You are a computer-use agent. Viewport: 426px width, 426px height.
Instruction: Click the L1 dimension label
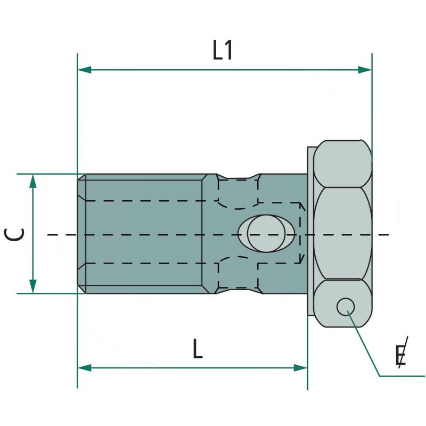click(x=223, y=51)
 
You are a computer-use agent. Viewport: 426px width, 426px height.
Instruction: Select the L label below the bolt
click(x=198, y=349)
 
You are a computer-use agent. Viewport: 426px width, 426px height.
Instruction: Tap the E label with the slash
click(x=402, y=355)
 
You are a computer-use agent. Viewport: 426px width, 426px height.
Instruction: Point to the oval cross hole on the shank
click(x=267, y=234)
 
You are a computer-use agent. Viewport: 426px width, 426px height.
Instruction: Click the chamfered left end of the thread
click(x=81, y=234)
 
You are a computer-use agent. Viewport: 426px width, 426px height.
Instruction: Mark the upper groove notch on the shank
click(x=239, y=177)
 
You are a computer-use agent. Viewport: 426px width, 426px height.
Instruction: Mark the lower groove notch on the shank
click(x=239, y=290)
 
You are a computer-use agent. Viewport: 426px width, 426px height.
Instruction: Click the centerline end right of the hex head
click(x=387, y=234)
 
